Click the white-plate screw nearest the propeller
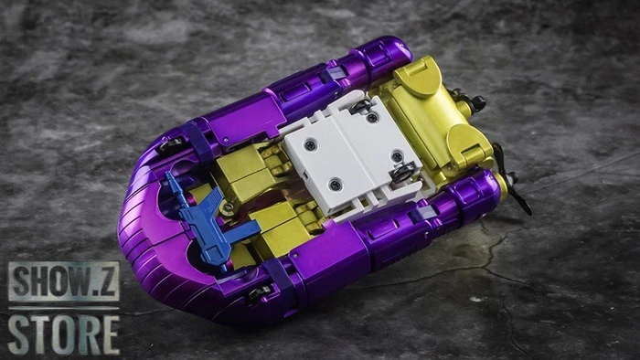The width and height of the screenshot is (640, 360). click(398, 172)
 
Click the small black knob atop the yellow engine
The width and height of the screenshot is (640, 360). click(475, 102)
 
